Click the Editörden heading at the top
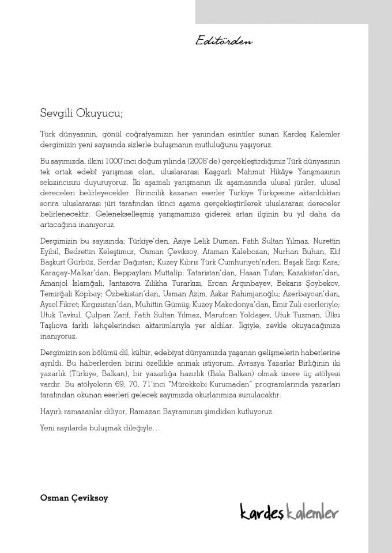coord(224,41)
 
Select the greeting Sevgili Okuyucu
coord(81,112)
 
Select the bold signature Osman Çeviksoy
coord(74,497)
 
